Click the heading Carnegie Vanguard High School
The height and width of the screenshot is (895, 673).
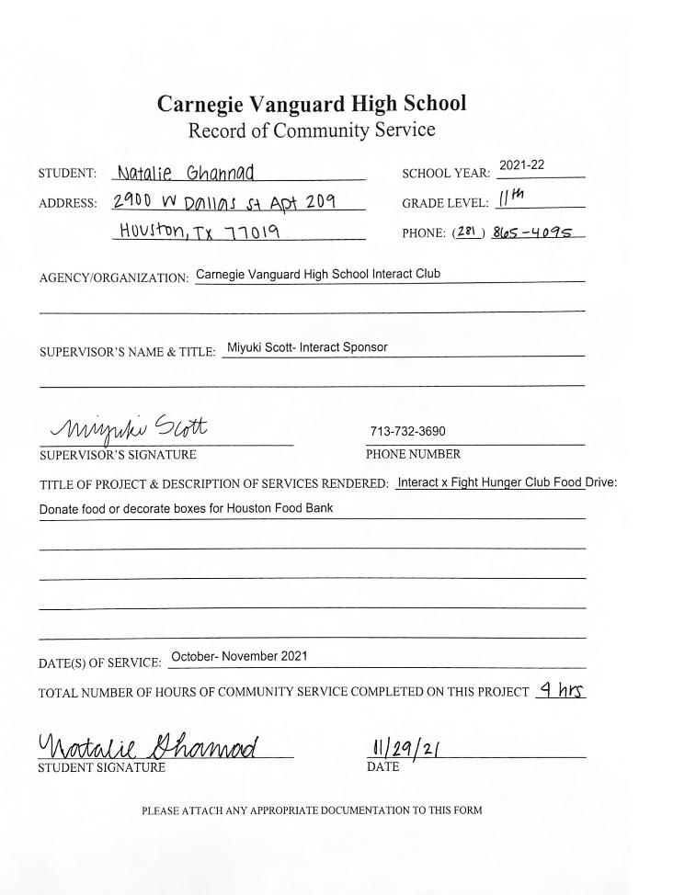pyautogui.click(x=311, y=103)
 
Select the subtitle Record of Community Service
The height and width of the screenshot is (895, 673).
pyautogui.click(x=311, y=130)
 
